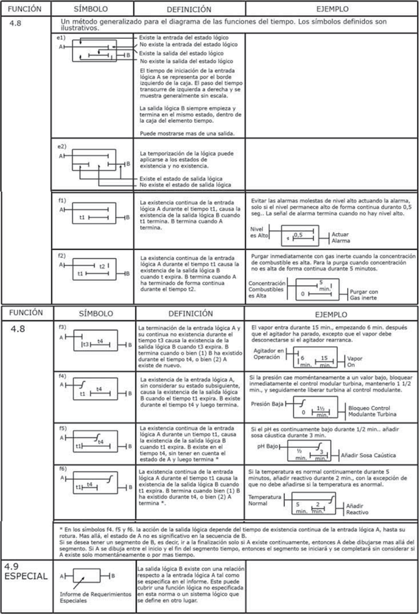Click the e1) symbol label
[60, 39]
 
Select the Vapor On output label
[355, 362]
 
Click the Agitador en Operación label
[270, 355]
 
